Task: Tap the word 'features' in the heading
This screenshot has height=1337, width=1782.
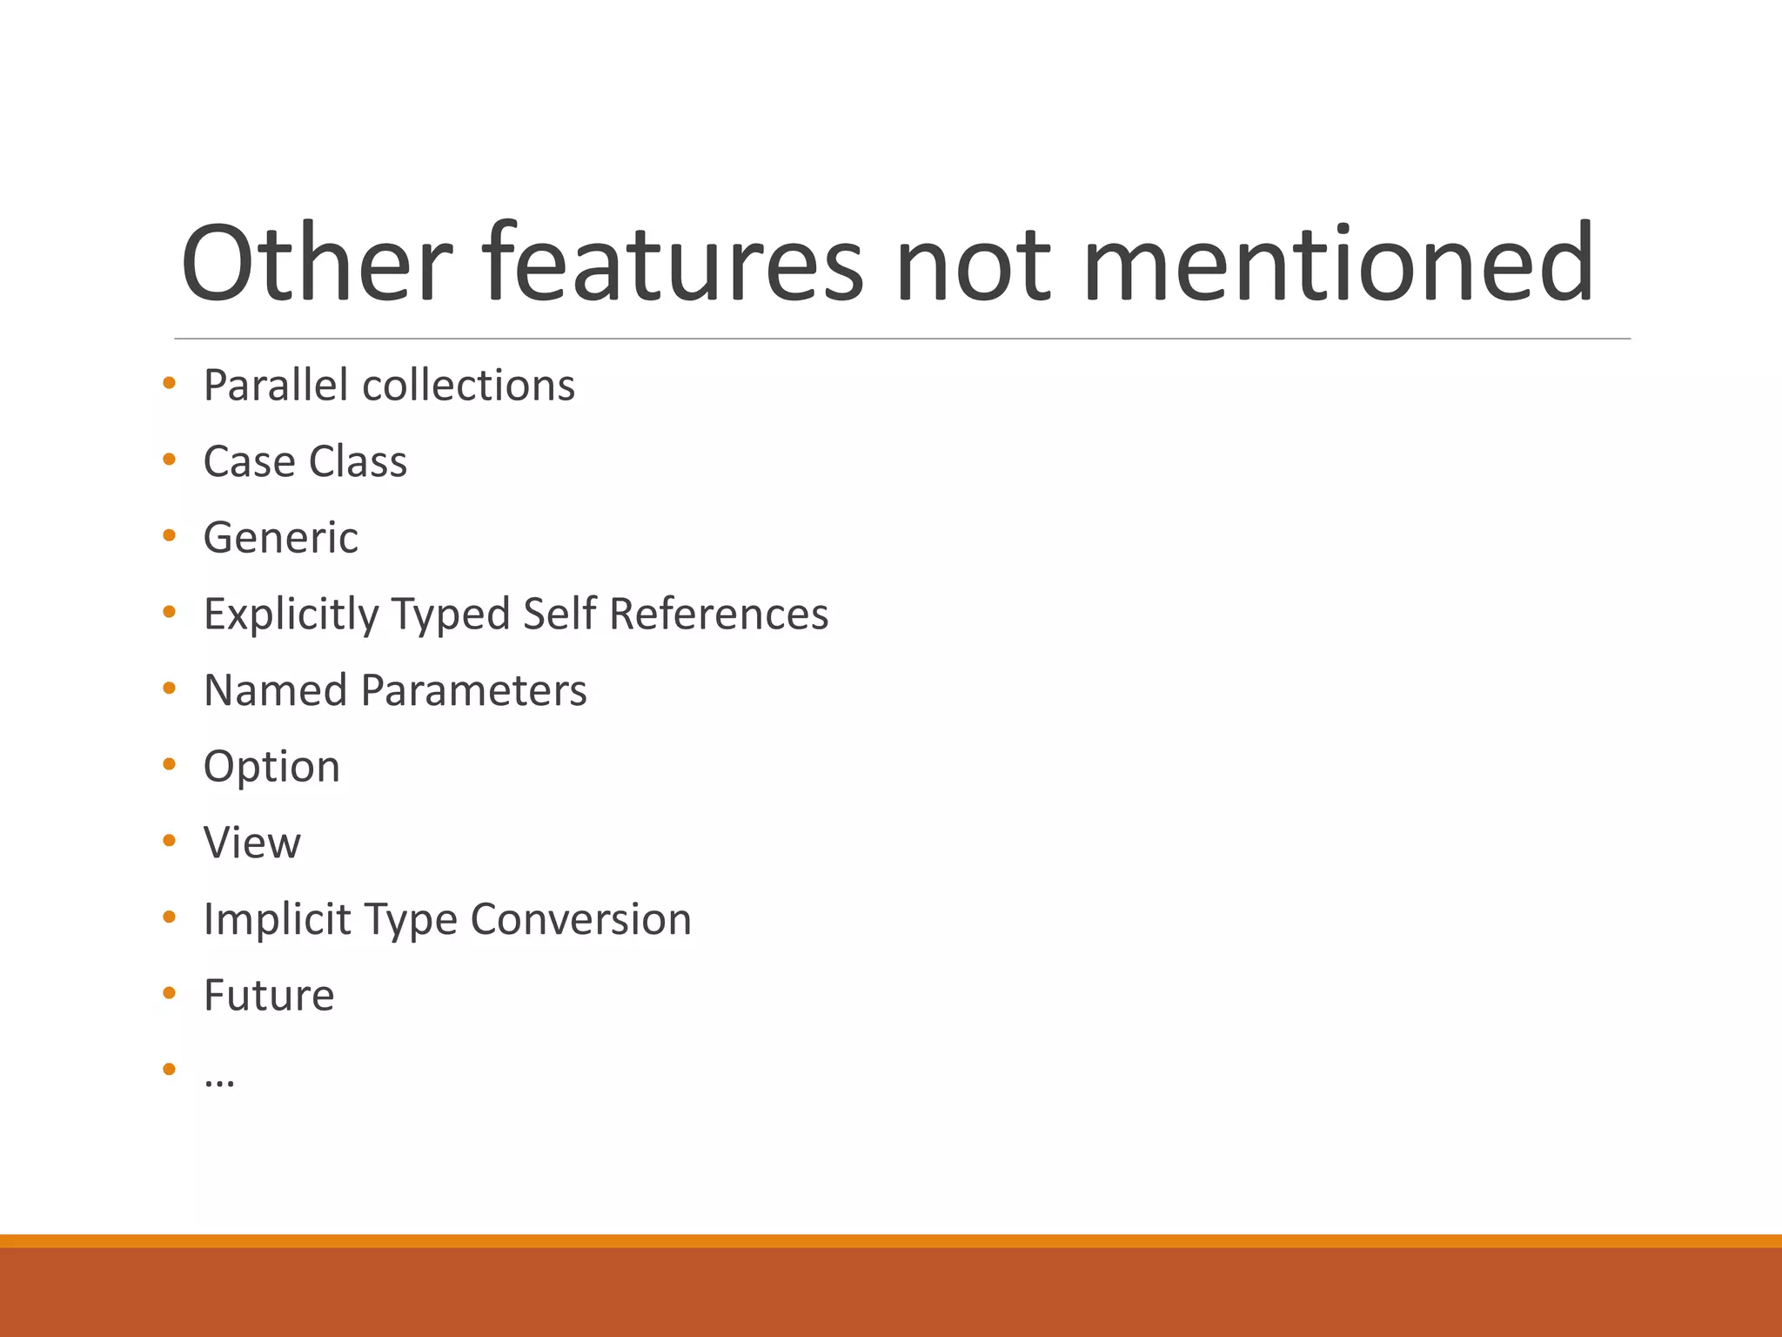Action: coord(673,263)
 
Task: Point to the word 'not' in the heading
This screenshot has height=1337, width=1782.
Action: coord(973,265)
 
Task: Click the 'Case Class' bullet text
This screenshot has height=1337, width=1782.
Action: coord(305,461)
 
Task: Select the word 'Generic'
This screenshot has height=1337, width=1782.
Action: coord(280,538)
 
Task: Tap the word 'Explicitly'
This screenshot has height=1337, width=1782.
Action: coord(291,615)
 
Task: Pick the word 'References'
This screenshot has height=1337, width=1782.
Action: coord(719,614)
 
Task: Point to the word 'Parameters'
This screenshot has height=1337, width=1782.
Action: coord(474,690)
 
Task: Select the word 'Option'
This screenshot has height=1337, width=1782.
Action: coord(271,767)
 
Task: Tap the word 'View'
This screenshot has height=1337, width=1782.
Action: coord(252,843)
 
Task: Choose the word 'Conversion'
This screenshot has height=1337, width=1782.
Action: coord(581,919)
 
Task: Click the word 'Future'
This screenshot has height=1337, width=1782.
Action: coord(269,995)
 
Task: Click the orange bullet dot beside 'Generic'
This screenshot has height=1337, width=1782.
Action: coord(170,535)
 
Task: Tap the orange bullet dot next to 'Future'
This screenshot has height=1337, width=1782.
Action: coord(170,992)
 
